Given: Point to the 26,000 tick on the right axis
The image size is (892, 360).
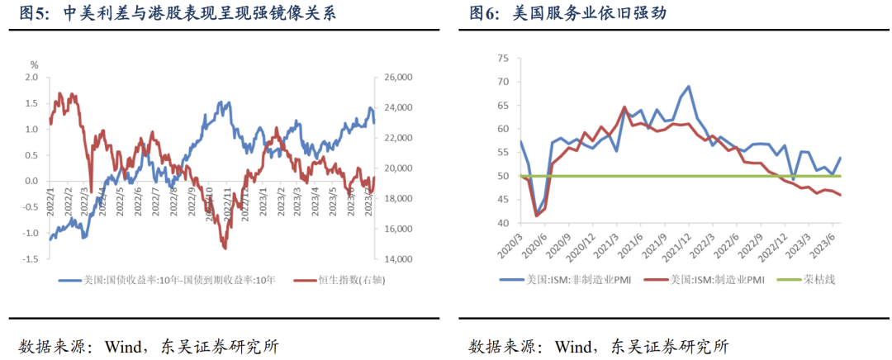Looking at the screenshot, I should (398, 77).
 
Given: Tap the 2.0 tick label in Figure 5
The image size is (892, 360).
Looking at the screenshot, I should (31, 77).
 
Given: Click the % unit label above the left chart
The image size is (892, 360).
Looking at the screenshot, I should (34, 64).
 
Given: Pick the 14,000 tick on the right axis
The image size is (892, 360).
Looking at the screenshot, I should (398, 259).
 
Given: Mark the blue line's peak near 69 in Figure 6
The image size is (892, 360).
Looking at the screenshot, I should (688, 86).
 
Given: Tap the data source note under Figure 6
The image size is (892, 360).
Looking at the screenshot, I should (599, 345).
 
